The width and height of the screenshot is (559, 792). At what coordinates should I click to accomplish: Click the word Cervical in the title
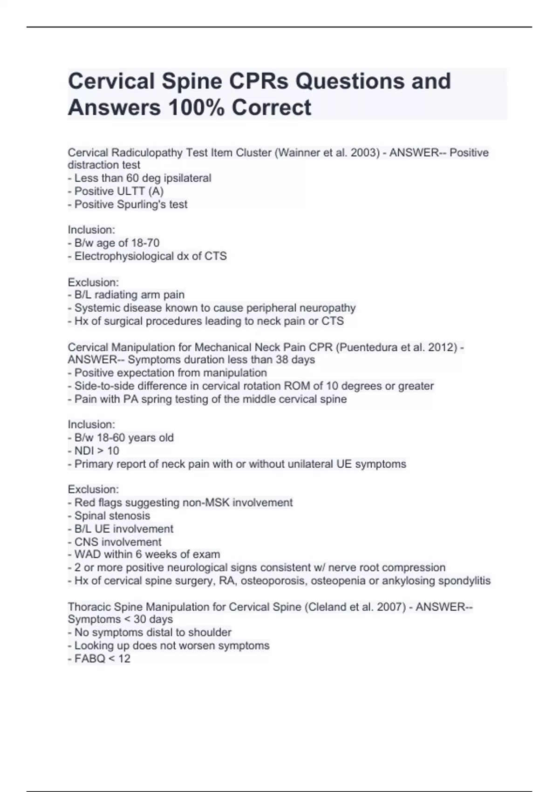tap(111, 82)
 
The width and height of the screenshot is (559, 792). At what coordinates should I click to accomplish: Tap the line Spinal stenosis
tap(112, 516)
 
